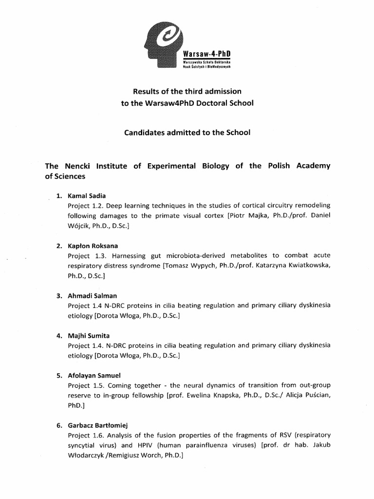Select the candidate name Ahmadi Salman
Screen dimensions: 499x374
click(x=93, y=295)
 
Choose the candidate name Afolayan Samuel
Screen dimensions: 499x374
click(x=94, y=376)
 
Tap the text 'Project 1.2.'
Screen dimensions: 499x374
click(x=86, y=206)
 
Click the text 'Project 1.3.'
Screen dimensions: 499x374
click(x=86, y=255)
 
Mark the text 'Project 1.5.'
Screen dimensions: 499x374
click(x=86, y=385)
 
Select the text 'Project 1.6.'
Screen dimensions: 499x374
click(x=86, y=435)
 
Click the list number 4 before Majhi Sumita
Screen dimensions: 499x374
click(x=58, y=336)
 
